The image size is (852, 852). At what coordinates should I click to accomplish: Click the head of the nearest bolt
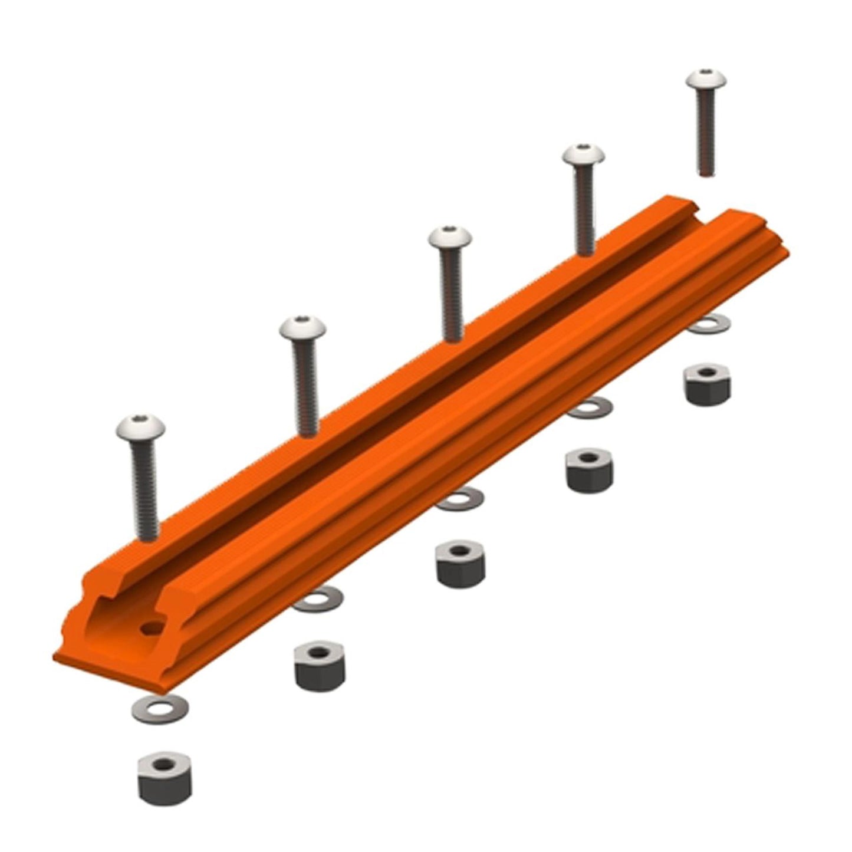tap(140, 427)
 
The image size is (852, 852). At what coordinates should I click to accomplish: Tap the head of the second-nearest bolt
tap(302, 328)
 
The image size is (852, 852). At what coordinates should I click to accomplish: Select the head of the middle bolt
tap(450, 238)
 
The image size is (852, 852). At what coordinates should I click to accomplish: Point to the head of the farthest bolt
tap(706, 81)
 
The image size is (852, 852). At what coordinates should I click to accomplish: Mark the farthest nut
tap(708, 383)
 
